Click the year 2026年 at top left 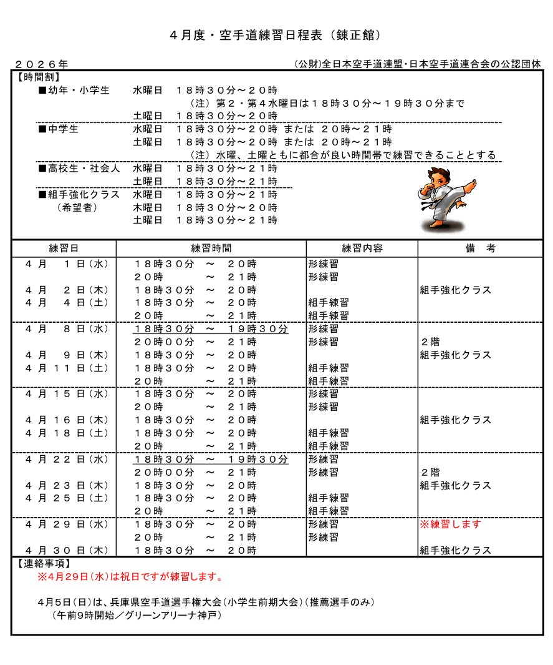click(x=41, y=64)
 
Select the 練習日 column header click(x=64, y=248)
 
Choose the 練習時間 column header click(x=211, y=248)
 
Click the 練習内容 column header click(x=362, y=248)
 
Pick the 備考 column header click(x=480, y=248)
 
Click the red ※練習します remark click(x=451, y=525)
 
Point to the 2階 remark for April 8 click(x=430, y=342)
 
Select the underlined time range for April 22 click(x=211, y=460)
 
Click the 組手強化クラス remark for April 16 click(x=456, y=420)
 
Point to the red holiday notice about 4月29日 click(x=130, y=577)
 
